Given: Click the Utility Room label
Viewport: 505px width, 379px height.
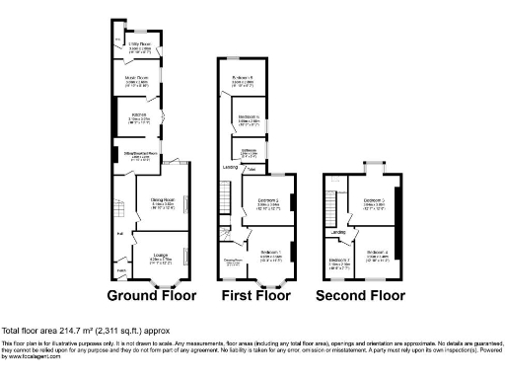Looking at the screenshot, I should [x=137, y=44].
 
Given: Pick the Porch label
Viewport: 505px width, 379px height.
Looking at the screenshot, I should [x=123, y=270].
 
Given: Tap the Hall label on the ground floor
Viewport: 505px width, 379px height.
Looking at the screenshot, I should [x=119, y=234].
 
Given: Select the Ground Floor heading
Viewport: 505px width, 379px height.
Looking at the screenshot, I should [x=151, y=295].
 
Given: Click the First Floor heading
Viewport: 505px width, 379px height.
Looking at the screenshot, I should [x=256, y=295].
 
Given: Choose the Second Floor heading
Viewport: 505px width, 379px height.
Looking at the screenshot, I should [x=360, y=295].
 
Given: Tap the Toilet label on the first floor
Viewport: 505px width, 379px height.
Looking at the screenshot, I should [x=252, y=170].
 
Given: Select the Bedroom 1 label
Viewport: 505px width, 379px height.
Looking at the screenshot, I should [x=271, y=253].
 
